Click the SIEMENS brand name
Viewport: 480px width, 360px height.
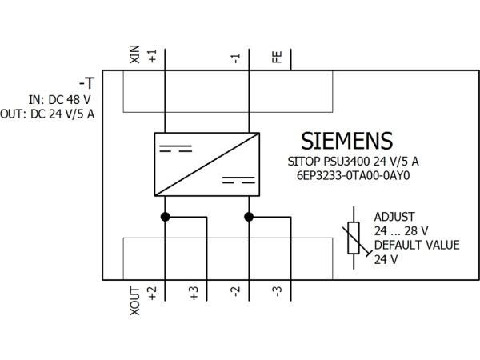347,141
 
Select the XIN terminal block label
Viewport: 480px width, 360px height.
135,54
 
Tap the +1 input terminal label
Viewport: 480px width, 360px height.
152,56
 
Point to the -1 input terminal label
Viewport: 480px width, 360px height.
236,58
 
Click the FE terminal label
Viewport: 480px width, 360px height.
277,58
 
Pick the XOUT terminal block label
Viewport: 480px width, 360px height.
135,301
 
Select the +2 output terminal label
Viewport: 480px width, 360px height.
152,294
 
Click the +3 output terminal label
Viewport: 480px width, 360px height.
194,294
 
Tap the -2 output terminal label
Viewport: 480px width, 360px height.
236,292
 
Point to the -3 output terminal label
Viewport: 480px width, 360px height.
278,292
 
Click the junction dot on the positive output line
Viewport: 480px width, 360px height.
165,217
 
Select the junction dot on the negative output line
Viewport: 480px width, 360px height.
249,217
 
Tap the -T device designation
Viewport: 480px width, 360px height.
87,83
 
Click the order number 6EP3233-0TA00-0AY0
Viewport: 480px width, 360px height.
354,176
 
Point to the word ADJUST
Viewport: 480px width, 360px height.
394,217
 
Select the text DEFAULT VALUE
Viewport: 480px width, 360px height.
417,245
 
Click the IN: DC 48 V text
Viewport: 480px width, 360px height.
60,99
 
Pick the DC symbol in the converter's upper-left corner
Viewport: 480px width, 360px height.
176,149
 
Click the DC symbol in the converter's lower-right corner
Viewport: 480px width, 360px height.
238,180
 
